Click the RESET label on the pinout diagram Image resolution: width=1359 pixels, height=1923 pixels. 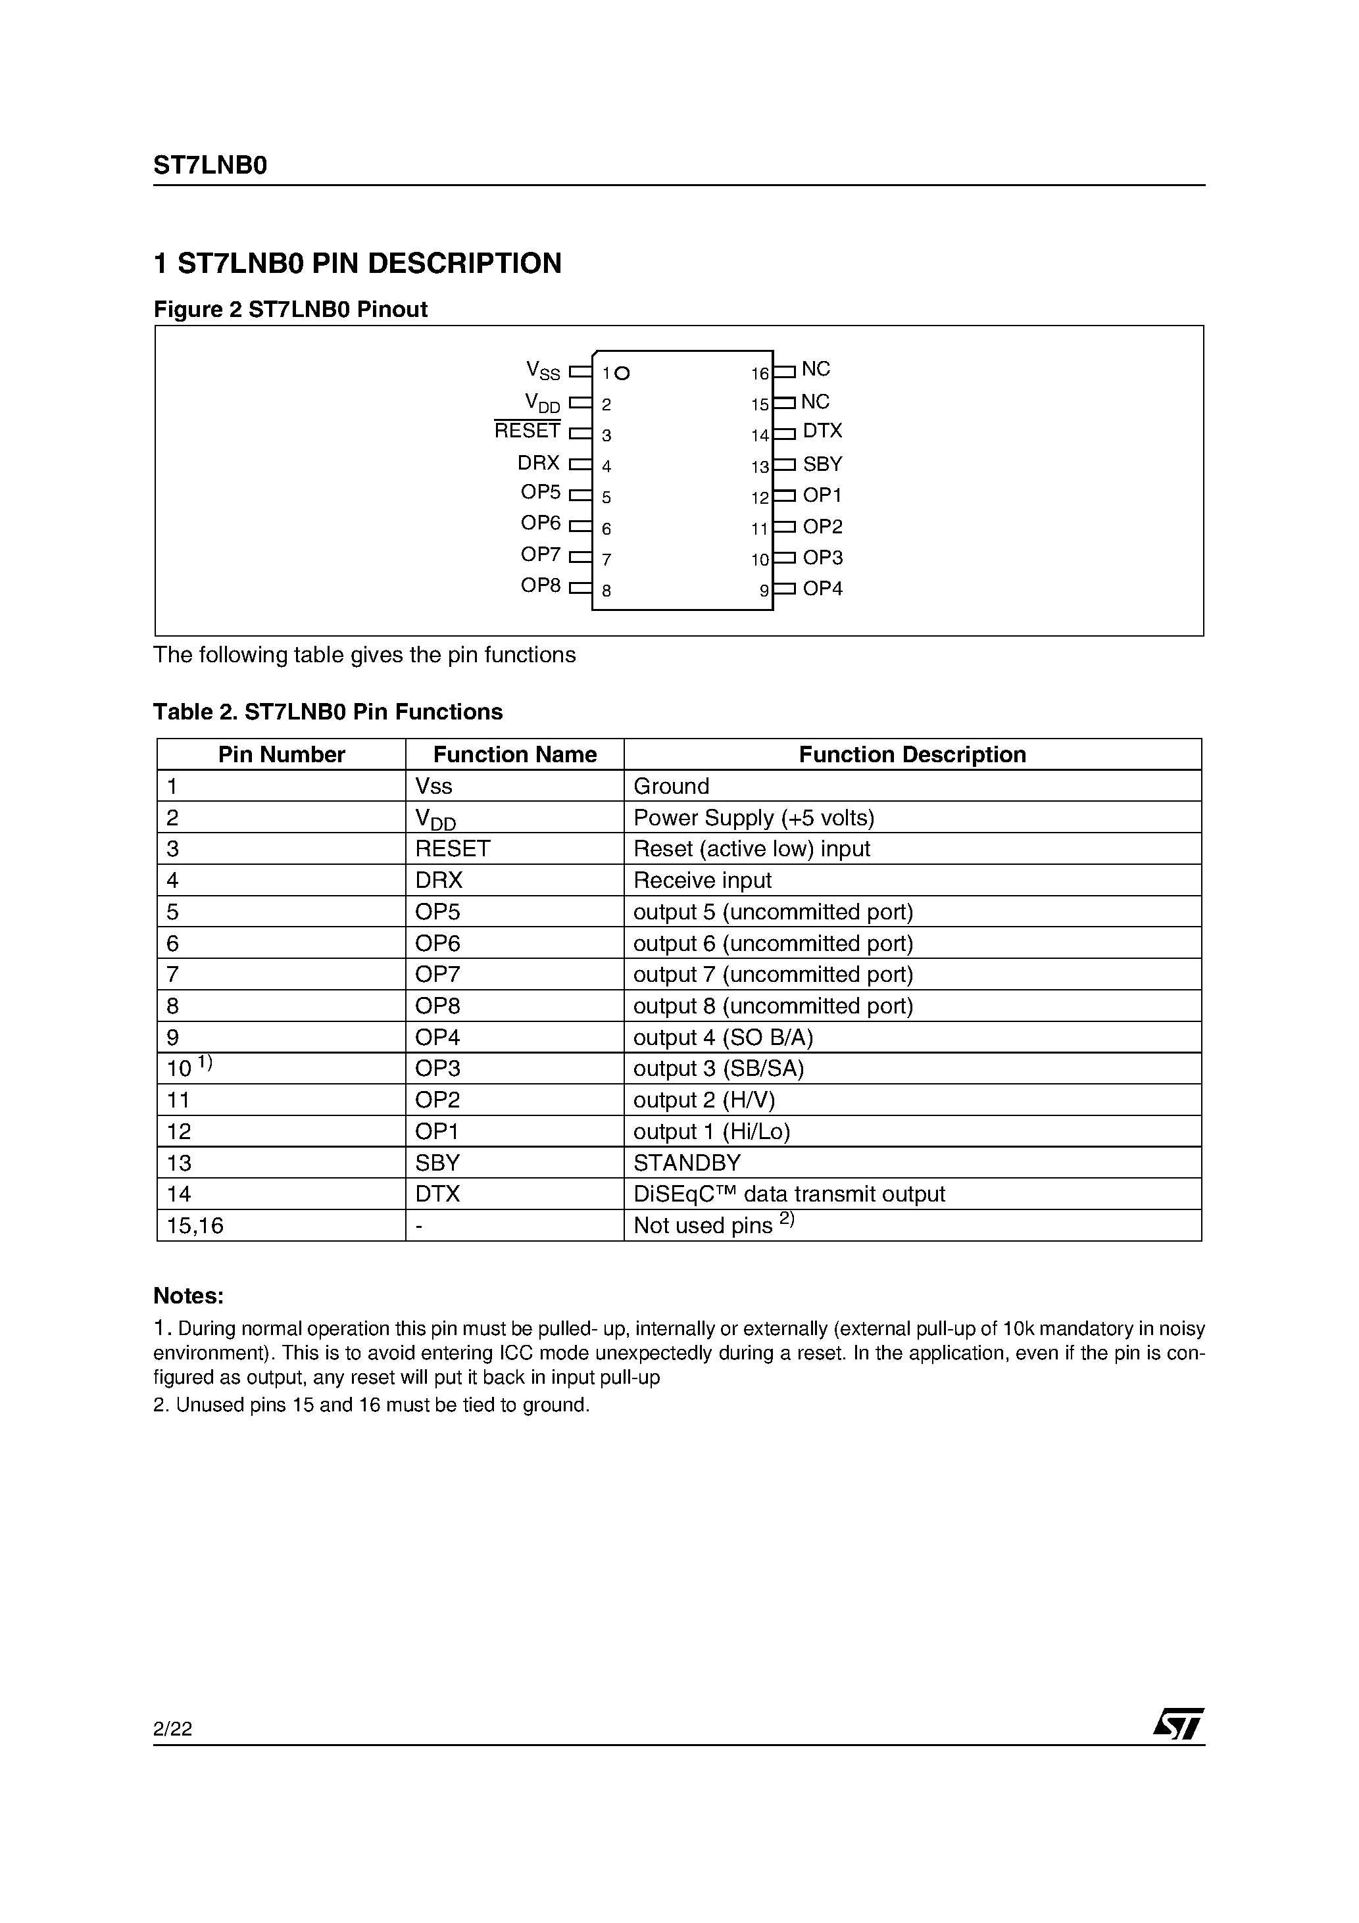pos(527,431)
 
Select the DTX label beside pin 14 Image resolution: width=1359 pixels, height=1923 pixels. pos(822,431)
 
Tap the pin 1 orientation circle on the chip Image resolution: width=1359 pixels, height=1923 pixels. pos(622,374)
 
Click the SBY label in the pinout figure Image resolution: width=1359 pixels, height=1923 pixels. pos(822,464)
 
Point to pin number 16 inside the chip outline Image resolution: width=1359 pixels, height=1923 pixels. pos(759,374)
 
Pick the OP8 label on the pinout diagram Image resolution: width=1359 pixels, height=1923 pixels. pos(541,585)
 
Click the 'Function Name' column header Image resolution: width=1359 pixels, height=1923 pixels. pos(514,754)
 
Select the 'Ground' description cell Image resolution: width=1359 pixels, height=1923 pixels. pos(671,787)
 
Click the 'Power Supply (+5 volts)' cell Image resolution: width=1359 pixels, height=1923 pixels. pos(753,817)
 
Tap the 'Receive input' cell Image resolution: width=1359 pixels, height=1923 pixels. pos(702,880)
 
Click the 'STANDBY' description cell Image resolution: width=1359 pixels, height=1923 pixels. pos(687,1163)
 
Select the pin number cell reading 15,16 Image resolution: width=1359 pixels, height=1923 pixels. pos(195,1226)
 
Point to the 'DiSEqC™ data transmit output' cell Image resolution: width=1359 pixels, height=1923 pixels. pos(789,1194)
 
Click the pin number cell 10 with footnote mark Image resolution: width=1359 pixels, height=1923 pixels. pos(189,1068)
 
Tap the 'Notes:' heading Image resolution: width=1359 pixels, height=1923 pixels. pos(189,1296)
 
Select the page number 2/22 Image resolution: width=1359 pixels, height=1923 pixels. pos(172,1729)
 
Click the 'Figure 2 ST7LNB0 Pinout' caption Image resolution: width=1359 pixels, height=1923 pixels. pos(290,310)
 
